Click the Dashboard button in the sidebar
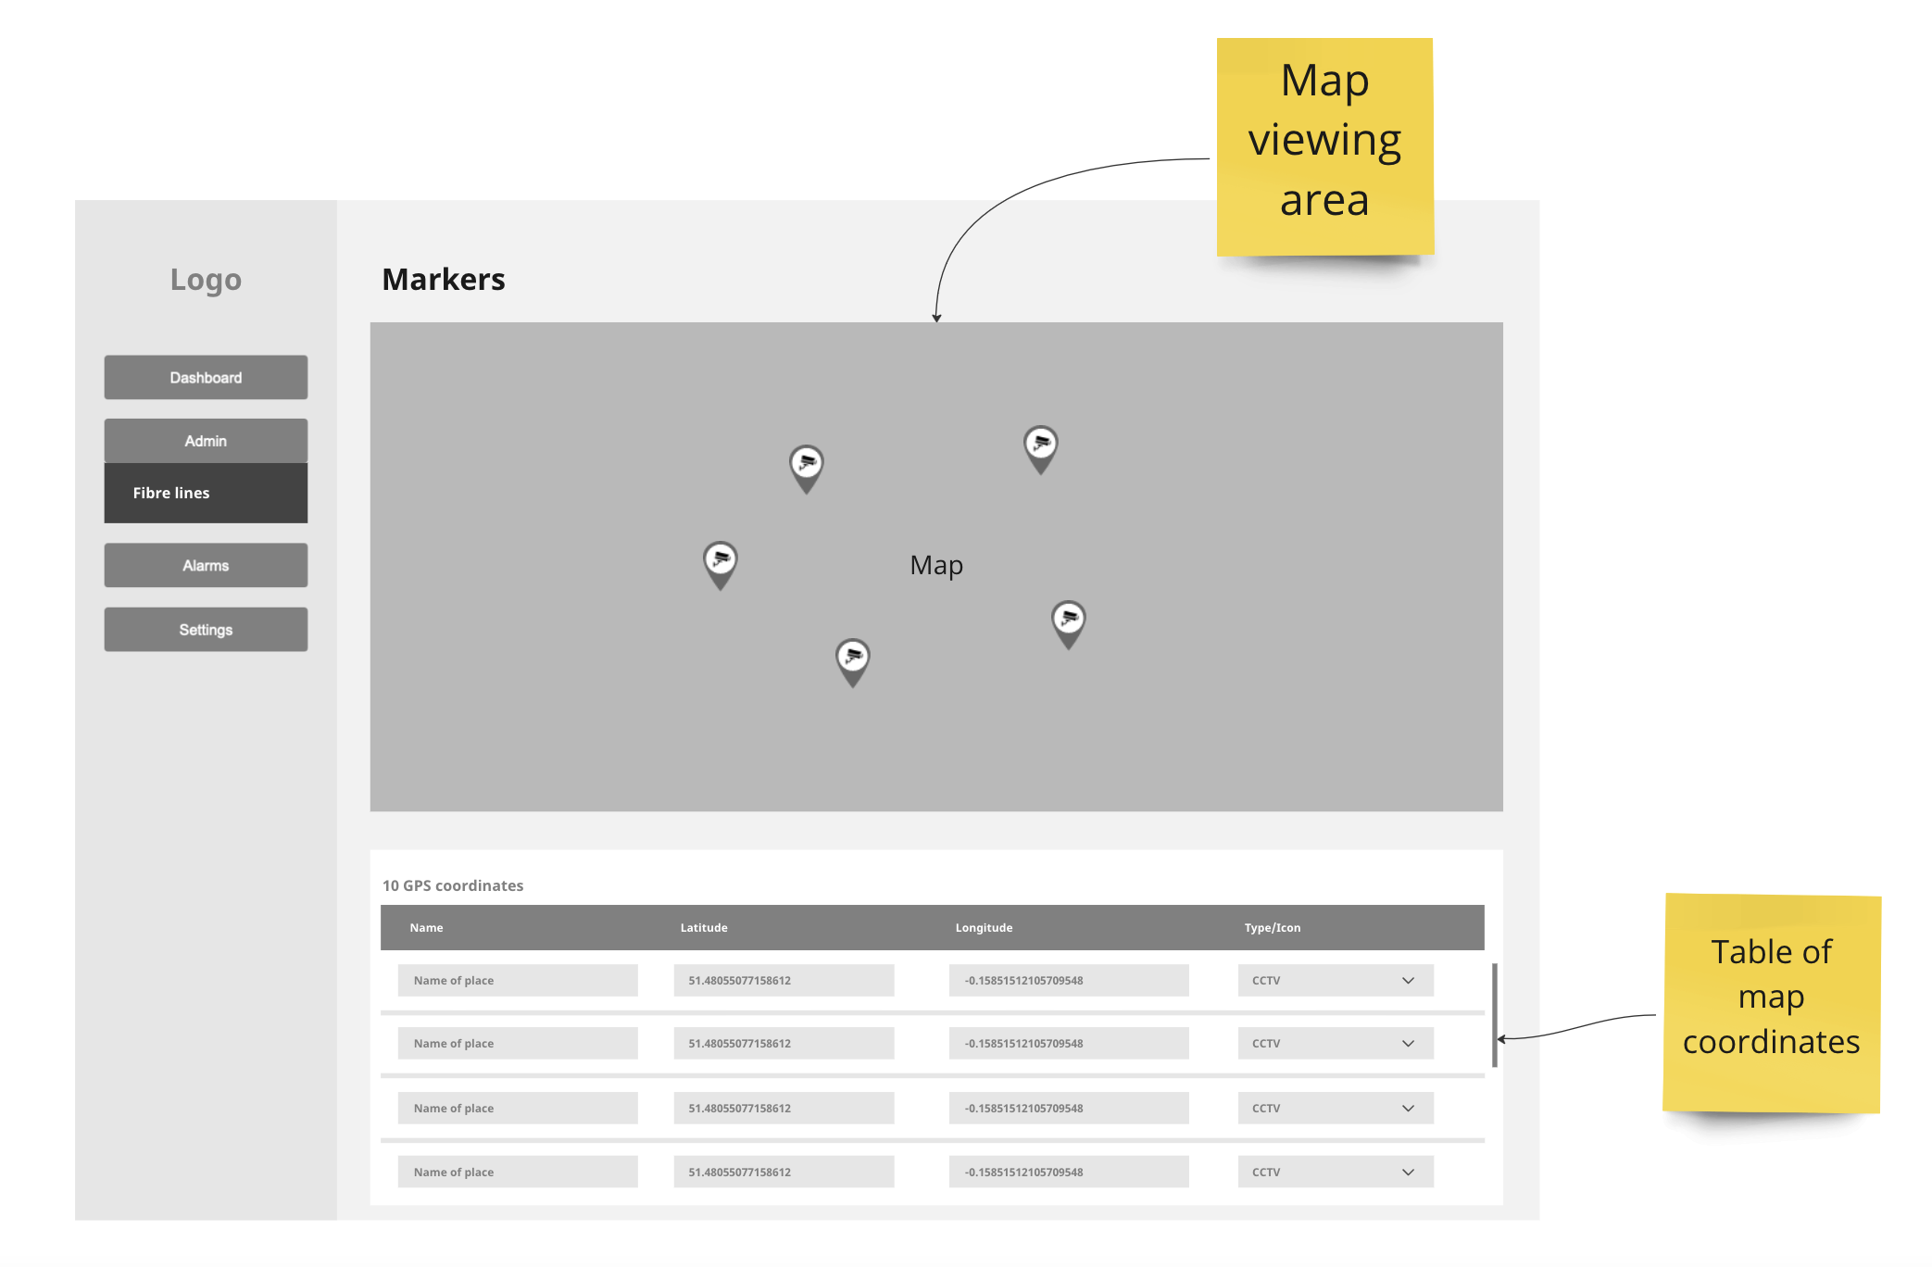[206, 378]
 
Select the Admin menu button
[206, 441]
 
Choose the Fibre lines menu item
[206, 493]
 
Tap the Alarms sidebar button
[206, 565]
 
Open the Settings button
[206, 630]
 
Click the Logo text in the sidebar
[206, 280]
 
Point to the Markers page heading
[444, 280]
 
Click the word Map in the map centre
[936, 565]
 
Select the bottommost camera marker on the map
[853, 660]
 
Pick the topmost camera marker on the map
[1041, 447]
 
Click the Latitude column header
[704, 928]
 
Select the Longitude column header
[984, 928]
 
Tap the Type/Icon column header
[1272, 928]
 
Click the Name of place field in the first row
[518, 981]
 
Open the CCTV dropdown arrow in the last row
[1408, 1173]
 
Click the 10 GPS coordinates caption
[453, 886]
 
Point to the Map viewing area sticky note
[1324, 146]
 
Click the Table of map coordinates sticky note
[1771, 1003]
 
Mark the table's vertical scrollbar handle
[1495, 1015]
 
